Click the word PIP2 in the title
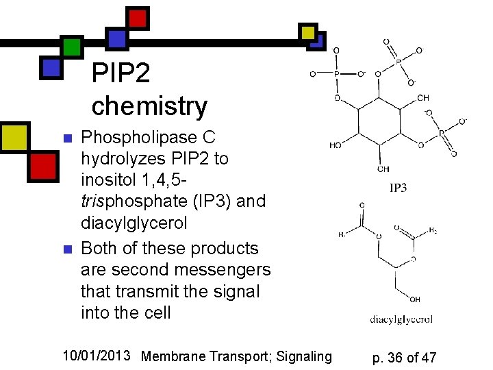point(121,73)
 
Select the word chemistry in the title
point(149,106)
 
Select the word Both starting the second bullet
point(100,248)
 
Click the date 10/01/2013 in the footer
point(97,356)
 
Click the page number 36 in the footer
point(396,357)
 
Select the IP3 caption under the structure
point(398,187)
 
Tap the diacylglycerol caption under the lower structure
point(401,319)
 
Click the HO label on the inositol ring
point(336,145)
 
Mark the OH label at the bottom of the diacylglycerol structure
point(415,299)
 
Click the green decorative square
point(71,46)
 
